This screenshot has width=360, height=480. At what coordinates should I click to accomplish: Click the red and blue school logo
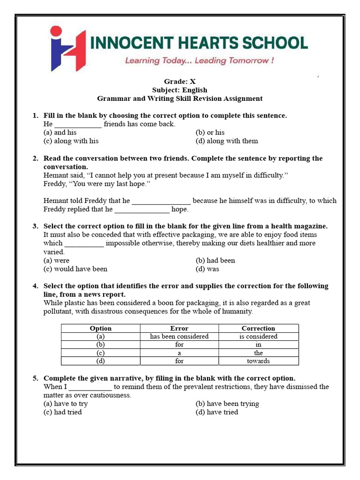pos(68,48)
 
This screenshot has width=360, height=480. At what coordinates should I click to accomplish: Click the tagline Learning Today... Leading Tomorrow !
pos(199,60)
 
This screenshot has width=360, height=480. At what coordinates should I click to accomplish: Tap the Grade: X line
pos(180,82)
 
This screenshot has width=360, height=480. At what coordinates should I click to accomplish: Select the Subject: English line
pos(180,90)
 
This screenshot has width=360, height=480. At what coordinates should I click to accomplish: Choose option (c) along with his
pos(71,141)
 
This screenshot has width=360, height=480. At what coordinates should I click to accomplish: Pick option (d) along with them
pos(226,141)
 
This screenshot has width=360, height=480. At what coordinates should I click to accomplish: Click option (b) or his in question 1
pos(210,133)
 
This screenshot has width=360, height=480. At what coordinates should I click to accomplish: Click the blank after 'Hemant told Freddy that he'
pos(161,201)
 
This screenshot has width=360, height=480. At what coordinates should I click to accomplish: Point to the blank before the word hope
pos(142,210)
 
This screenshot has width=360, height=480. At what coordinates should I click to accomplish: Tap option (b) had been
pos(215,261)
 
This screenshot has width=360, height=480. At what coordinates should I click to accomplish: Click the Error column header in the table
pos(179,329)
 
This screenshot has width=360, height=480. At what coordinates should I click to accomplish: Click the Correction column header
pos(258,329)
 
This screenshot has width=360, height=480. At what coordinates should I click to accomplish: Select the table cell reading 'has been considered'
pos(179,337)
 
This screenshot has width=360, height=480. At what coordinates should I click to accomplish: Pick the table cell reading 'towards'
pos(258,361)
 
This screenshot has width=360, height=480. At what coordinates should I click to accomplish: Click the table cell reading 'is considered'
pos(258,337)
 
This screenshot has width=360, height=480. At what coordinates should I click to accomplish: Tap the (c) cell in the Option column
pos(100,353)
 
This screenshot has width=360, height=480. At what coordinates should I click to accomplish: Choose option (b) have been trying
pos(227,404)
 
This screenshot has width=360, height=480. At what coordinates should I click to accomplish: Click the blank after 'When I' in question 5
pos(90,387)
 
